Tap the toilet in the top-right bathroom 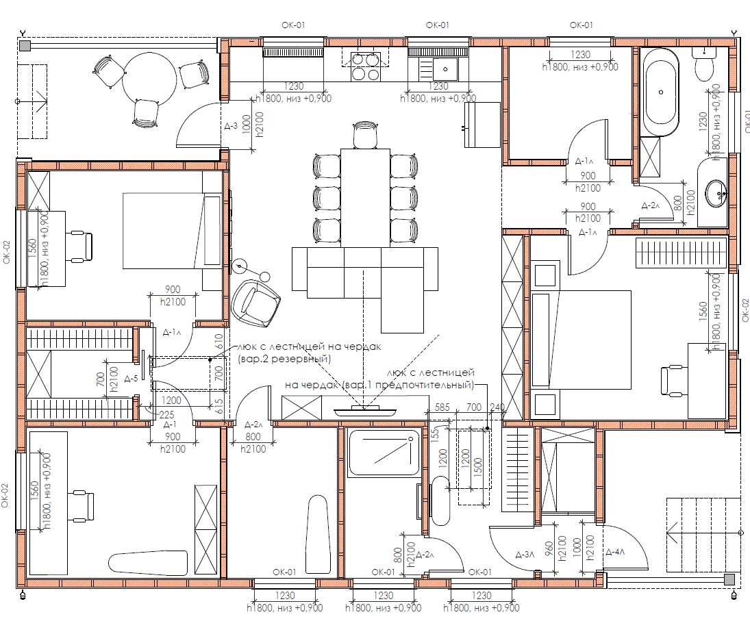click(703, 64)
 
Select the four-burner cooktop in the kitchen click(366, 67)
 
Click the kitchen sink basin click(445, 69)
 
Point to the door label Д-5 click(131, 379)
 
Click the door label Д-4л click(615, 553)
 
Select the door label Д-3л click(525, 555)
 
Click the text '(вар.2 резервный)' click(284, 358)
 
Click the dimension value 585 click(442, 407)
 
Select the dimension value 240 click(497, 407)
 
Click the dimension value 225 click(166, 415)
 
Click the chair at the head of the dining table click(366, 134)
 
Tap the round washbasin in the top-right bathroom click(717, 193)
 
